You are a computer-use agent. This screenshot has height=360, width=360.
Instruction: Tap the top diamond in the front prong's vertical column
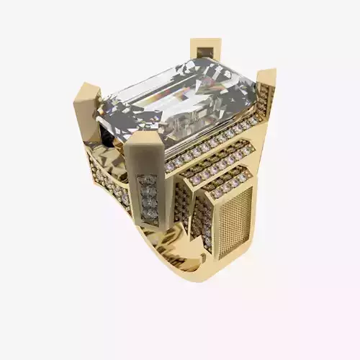point(146,180)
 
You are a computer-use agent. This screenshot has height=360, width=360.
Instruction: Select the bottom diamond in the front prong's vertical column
point(150,213)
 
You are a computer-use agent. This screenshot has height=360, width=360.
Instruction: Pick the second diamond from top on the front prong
point(148,191)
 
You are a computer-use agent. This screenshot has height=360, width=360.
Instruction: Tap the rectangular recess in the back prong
point(206,52)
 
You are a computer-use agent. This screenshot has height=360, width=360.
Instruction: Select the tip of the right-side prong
point(266,74)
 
